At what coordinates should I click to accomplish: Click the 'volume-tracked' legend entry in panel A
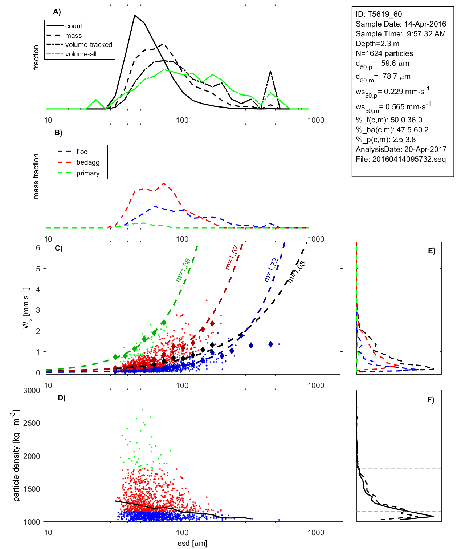click(89, 45)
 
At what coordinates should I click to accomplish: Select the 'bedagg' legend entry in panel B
click(88, 162)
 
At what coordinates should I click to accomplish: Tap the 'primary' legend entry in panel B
click(88, 173)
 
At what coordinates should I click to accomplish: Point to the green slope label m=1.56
click(183, 270)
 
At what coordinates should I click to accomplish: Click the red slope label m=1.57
click(232, 257)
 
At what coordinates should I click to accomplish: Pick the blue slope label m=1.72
click(271, 270)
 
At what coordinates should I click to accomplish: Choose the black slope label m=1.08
click(297, 272)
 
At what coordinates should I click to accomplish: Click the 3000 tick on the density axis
click(32, 391)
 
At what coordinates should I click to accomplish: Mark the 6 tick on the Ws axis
click(38, 247)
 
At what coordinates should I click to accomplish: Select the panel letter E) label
click(432, 251)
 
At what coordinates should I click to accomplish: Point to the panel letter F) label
click(431, 400)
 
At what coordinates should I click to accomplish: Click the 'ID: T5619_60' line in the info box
click(379, 14)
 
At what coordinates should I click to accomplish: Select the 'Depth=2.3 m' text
click(377, 44)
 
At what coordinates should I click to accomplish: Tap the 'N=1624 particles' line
click(384, 53)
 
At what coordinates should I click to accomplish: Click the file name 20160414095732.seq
click(409, 159)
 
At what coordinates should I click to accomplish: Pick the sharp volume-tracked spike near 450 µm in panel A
click(270, 71)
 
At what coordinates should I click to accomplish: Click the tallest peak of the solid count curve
click(135, 15)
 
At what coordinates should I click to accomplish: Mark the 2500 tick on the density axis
click(32, 423)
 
